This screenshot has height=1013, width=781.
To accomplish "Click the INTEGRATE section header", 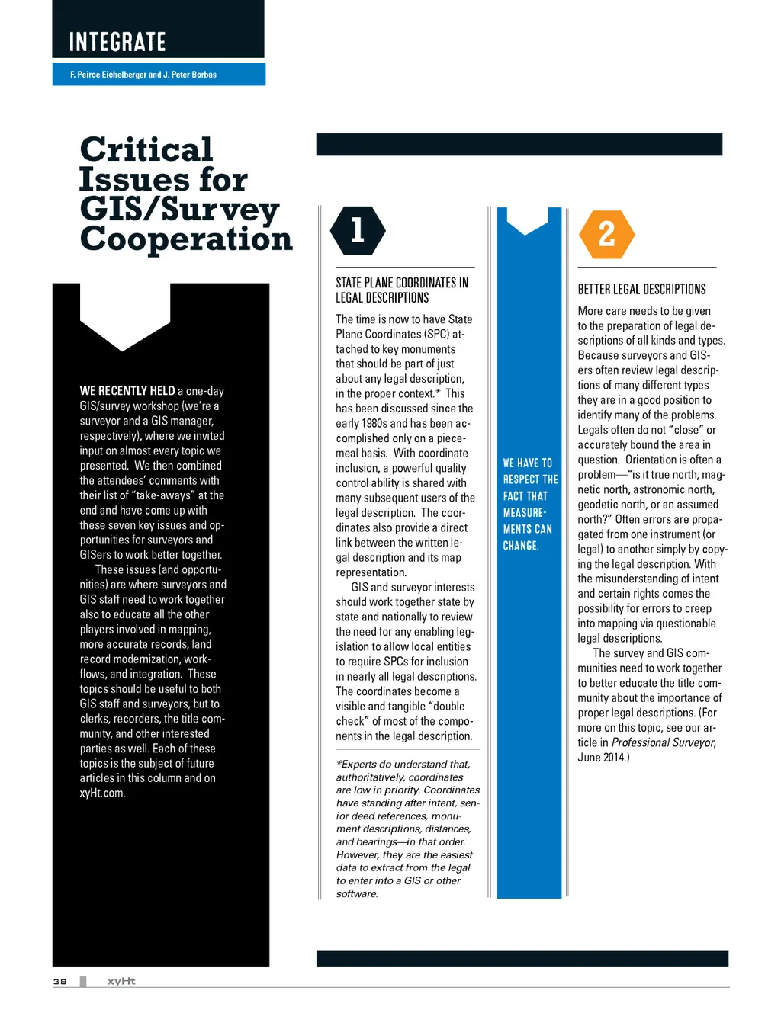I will pyautogui.click(x=117, y=42).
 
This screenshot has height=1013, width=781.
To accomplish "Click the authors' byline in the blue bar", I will pyautogui.click(x=143, y=75).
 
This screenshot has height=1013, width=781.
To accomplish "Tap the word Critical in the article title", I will pyautogui.click(x=146, y=149).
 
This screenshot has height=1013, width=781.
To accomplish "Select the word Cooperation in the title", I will pyautogui.click(x=186, y=239).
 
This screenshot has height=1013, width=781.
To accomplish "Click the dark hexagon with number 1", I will pyautogui.click(x=358, y=230).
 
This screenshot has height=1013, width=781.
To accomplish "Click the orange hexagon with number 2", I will pyautogui.click(x=607, y=234).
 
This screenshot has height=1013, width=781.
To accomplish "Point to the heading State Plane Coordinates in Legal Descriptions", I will pyautogui.click(x=402, y=290).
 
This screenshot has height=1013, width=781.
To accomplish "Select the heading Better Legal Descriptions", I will pyautogui.click(x=641, y=289).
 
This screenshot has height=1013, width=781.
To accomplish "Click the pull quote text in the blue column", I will pyautogui.click(x=530, y=504).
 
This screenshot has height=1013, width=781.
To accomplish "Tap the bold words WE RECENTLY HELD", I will pyautogui.click(x=127, y=391).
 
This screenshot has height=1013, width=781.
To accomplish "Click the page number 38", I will pyautogui.click(x=59, y=982).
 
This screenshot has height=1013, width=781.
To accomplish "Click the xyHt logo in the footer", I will pyautogui.click(x=121, y=981).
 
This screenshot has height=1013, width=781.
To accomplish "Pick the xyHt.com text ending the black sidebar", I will pyautogui.click(x=102, y=793).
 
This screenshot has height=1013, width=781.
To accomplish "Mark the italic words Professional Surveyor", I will pyautogui.click(x=663, y=742).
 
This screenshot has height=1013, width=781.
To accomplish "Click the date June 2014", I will pyautogui.click(x=602, y=758).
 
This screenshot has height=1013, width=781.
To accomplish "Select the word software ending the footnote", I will pyautogui.click(x=356, y=894).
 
